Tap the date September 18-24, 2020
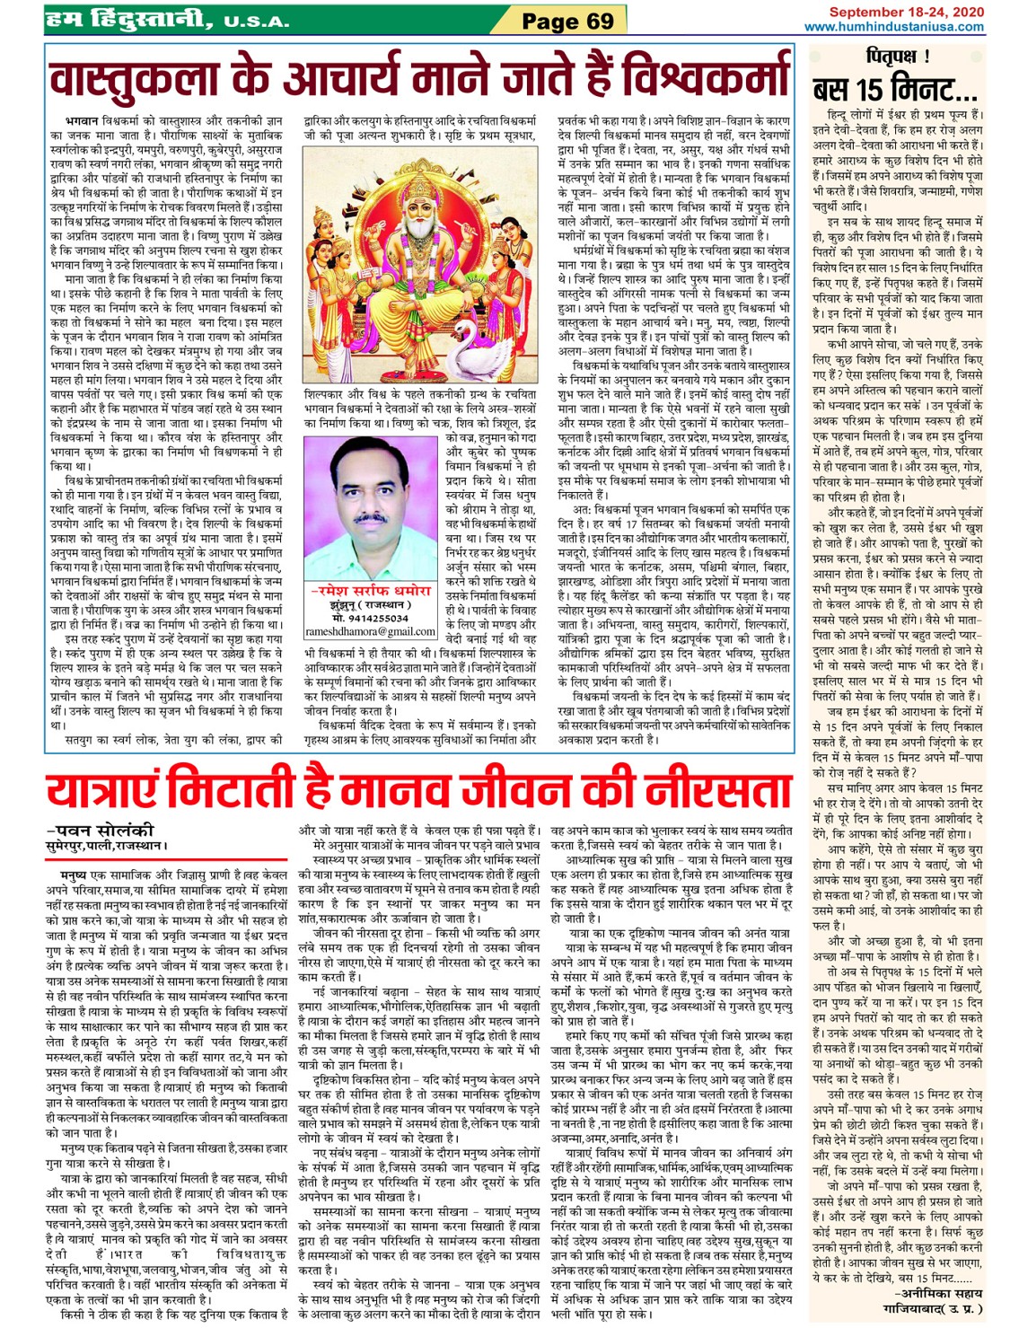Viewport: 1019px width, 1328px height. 906,12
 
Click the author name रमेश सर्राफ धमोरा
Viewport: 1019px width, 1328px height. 369,591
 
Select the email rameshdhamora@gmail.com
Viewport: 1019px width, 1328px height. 369,632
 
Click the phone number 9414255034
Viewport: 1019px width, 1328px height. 376,619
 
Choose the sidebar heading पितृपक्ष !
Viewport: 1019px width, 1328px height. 897,58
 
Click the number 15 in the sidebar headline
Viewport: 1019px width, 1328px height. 868,90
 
